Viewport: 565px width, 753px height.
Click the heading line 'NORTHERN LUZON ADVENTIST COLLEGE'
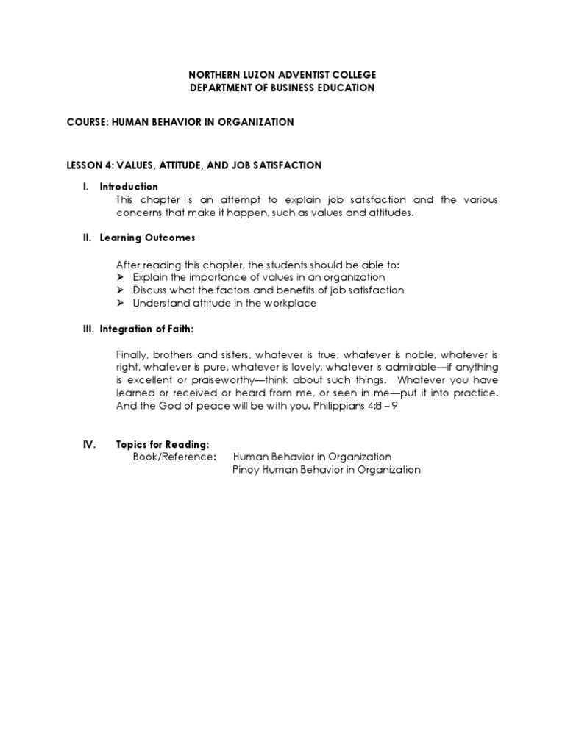coord(282,74)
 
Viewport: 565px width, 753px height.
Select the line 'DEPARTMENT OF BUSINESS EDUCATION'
coord(282,88)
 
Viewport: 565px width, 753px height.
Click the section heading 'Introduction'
coord(129,187)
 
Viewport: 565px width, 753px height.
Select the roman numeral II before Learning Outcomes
coord(86,238)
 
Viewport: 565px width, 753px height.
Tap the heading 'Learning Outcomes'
coord(147,238)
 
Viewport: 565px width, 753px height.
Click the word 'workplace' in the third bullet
coord(293,304)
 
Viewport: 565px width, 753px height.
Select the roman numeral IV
coord(88,445)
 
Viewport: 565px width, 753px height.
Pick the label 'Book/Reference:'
coord(174,457)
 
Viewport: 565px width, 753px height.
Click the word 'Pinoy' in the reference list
coord(246,470)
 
